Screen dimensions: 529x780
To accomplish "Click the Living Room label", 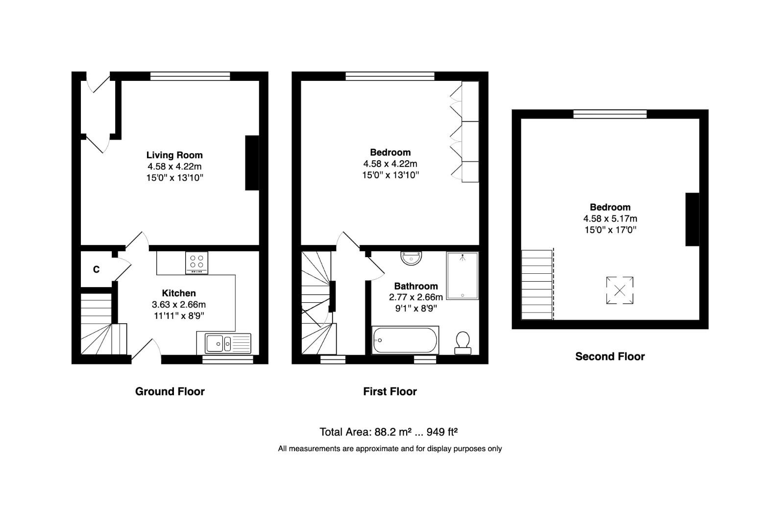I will point(174,155).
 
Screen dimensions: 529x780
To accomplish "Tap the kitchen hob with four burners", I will point(197,263).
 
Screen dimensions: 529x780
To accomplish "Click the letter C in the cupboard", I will point(96,269).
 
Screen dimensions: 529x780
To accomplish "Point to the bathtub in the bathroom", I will point(405,340).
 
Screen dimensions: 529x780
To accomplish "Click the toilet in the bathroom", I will point(463,342).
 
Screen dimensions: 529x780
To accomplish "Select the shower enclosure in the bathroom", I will point(462,276).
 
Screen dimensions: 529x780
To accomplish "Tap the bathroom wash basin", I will point(411,258).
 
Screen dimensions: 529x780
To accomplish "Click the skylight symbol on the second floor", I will point(619,290).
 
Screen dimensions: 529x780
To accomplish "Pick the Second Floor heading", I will point(609,357).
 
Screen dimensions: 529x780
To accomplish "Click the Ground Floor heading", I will point(170,391).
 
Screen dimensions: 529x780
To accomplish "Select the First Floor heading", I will point(390,391).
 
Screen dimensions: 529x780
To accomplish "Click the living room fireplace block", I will point(252,163).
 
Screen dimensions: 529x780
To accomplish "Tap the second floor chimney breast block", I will point(692,219).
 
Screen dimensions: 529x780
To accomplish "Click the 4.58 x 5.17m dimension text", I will point(610,218).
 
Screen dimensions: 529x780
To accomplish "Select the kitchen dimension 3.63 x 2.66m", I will point(179,304).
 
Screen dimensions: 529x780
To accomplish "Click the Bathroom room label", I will point(415,286).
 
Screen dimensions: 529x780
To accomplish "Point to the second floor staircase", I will point(536,285).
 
